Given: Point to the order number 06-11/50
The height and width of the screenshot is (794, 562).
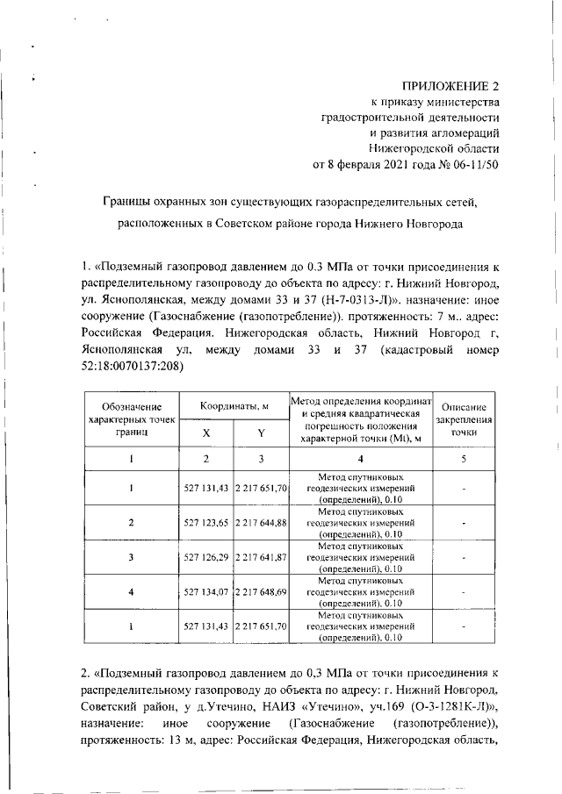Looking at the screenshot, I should pyautogui.click(x=469, y=164).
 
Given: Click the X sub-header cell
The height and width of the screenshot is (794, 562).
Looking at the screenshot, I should pyautogui.click(x=206, y=433).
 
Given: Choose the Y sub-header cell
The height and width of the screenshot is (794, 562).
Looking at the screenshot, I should pyautogui.click(x=261, y=433).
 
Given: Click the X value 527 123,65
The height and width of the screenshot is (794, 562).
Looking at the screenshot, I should pyautogui.click(x=206, y=522).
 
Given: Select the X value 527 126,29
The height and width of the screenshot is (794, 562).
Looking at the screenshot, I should pyautogui.click(x=206, y=557).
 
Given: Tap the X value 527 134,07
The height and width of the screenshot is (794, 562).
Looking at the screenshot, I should pyautogui.click(x=206, y=591).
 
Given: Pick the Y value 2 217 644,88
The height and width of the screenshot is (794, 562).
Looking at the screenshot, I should pyautogui.click(x=261, y=522).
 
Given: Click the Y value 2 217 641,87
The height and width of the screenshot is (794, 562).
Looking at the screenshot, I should pyautogui.click(x=261, y=557).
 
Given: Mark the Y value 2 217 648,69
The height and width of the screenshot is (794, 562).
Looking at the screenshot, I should pyautogui.click(x=261, y=591).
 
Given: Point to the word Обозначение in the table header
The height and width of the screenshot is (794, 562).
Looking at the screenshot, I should pyautogui.click(x=132, y=407).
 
